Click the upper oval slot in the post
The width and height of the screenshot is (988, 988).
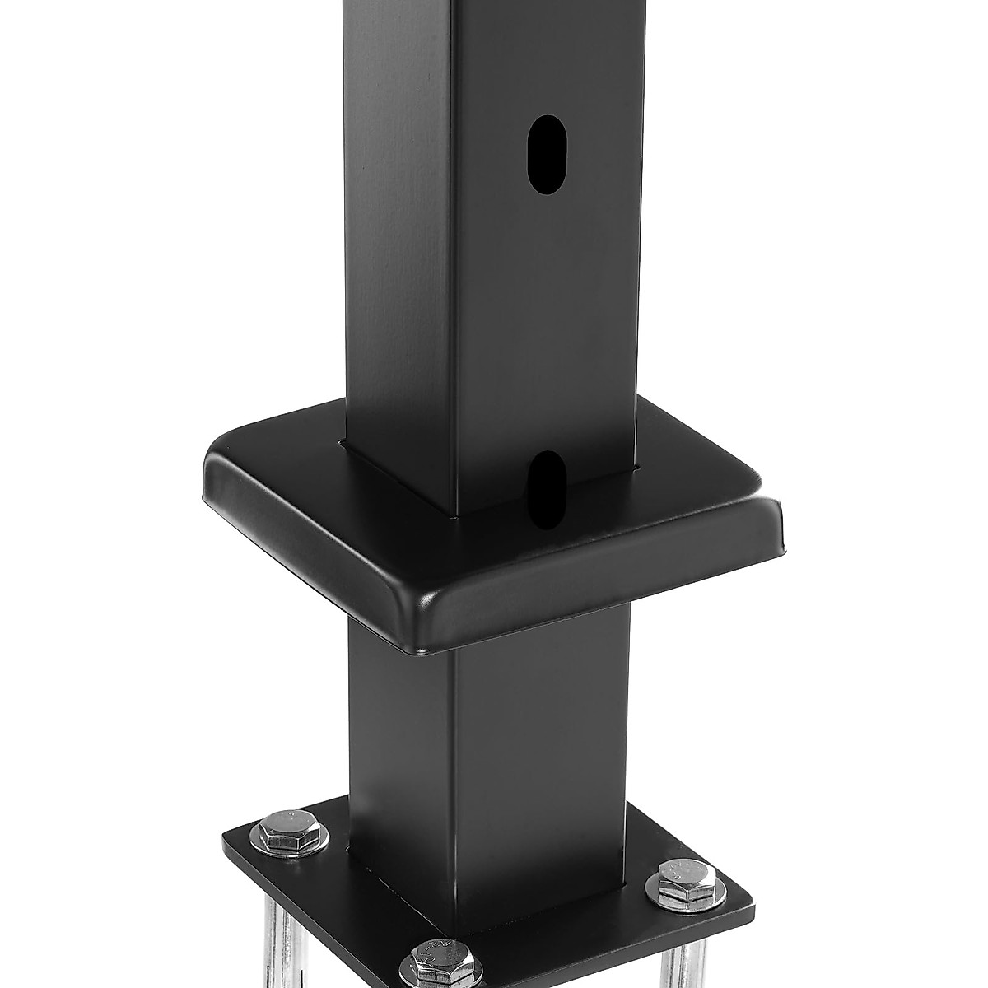point(543,155)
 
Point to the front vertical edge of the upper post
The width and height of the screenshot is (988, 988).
point(455,288)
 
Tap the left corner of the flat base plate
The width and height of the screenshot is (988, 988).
point(227,848)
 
